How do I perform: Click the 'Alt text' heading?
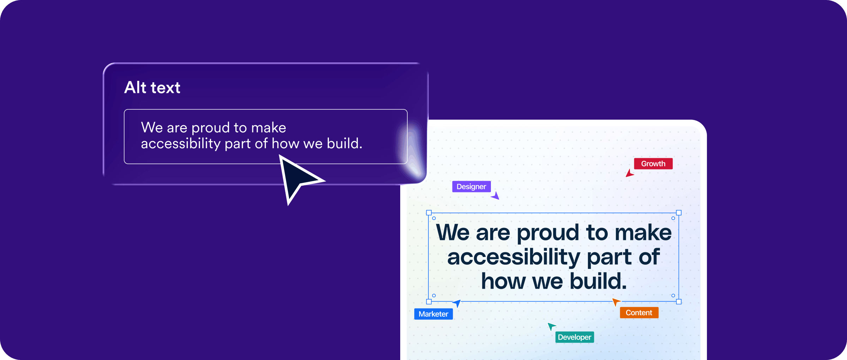point(152,87)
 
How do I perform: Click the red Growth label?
point(653,164)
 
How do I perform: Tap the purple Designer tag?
point(471,186)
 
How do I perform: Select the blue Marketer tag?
point(433,314)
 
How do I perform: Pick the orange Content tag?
point(639,313)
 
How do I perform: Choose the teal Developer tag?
point(575,337)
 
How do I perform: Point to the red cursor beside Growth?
point(630,173)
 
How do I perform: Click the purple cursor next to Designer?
point(495,196)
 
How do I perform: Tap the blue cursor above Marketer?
point(457,303)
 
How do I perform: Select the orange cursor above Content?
point(616,302)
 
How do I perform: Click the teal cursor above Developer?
point(551,326)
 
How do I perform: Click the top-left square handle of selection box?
point(429,213)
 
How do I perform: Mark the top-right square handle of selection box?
point(679,213)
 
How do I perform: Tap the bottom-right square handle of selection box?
point(679,302)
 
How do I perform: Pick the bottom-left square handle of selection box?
point(429,302)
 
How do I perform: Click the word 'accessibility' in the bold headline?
point(513,257)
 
